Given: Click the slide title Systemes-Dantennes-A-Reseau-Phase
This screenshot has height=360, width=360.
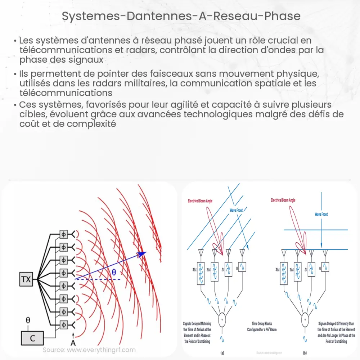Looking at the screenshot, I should click(x=180, y=17).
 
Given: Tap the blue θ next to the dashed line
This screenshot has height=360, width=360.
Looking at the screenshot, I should click(x=114, y=273).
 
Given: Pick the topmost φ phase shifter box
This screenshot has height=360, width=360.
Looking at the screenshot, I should click(x=64, y=234).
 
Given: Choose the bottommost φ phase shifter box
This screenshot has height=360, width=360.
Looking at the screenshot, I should click(x=64, y=323).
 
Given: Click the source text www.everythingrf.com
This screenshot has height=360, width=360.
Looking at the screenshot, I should click(x=89, y=350).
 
